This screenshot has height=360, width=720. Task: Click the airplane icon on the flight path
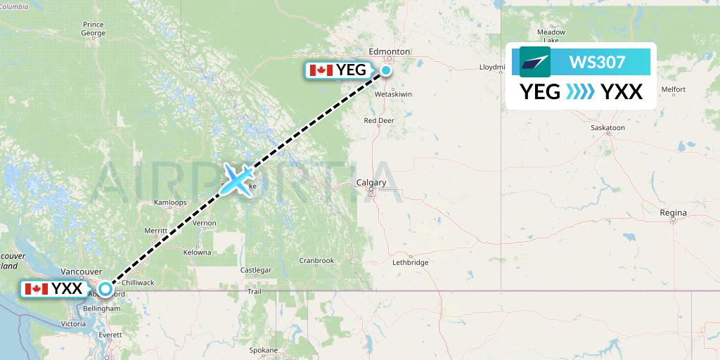tap(238, 179)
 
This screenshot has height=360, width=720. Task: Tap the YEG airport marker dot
tap(387, 70)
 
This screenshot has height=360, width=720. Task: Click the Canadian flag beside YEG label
tap(321, 70)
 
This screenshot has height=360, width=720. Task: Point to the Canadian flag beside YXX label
tap(36, 288)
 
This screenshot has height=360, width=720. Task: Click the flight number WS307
tap(597, 63)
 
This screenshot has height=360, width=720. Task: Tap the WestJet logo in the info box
tap(534, 62)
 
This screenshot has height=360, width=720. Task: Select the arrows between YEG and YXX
tap(581, 92)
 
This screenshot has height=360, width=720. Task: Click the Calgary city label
tap(371, 183)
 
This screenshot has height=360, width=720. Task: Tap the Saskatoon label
tap(608, 128)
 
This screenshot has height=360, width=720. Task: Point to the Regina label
tap(673, 212)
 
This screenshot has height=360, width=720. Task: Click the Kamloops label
tap(171, 202)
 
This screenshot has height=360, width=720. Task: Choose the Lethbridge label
tap(410, 262)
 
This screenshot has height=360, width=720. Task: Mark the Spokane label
tap(264, 349)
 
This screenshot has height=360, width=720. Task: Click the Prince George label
tap(94, 29)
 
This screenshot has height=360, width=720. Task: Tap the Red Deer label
tap(378, 120)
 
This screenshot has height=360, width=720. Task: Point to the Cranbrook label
tap(316, 260)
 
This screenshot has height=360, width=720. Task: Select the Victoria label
tap(73, 324)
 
